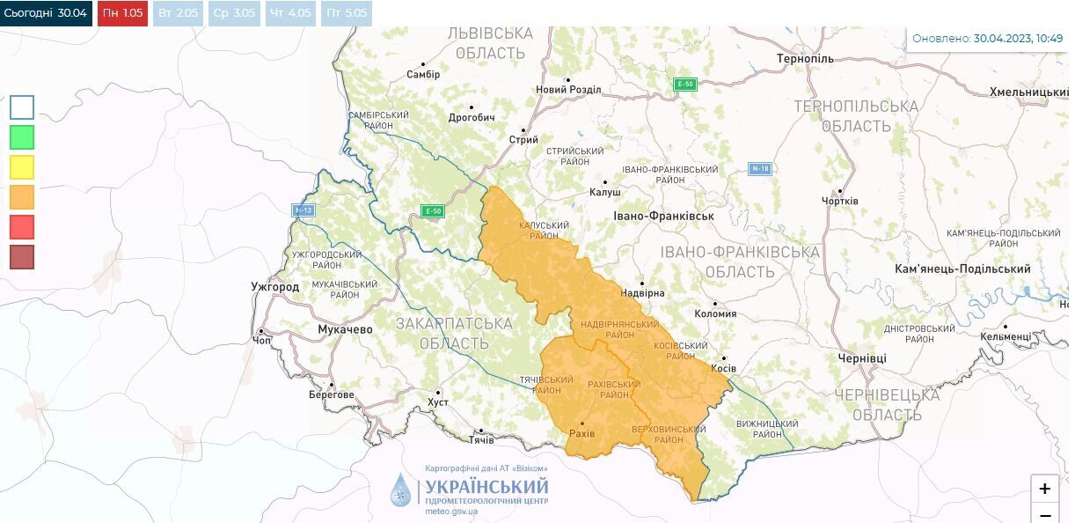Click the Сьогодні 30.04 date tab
coord(46,13)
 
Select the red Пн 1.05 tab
coord(122,13)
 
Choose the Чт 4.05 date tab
coord(291,13)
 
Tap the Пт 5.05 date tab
coord(347,13)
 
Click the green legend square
coord(22,136)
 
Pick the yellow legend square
coord(22,166)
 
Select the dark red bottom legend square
coord(22,256)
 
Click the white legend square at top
coord(22,107)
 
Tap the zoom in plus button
coord(1044,489)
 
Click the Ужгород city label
coord(274,287)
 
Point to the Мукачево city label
coord(345,329)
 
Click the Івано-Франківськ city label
coord(663,216)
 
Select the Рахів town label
coord(581,434)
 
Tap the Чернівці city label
coord(862,358)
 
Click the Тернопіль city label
coord(805,58)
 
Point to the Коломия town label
coord(715,313)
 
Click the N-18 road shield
coord(760,168)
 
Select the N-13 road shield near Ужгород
coord(303,210)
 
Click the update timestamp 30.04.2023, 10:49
coord(1018,39)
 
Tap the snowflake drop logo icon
coord(401,490)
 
